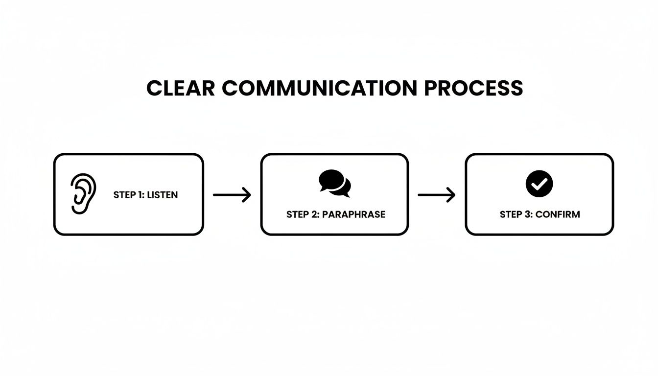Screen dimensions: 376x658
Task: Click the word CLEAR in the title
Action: [x=180, y=88]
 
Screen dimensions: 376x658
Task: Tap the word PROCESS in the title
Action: [x=473, y=88]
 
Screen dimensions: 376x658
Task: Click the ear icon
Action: [x=82, y=194]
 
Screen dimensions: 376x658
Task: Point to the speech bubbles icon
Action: [x=335, y=183]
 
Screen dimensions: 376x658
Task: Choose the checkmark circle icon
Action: [x=539, y=184]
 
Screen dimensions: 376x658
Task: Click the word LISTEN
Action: [x=163, y=195]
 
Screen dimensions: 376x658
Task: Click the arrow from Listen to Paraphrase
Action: [x=232, y=195]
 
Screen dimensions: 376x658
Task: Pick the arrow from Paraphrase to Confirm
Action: [x=436, y=195]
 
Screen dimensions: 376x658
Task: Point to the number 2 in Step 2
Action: [x=314, y=214]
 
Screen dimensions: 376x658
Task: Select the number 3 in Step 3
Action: [x=527, y=214]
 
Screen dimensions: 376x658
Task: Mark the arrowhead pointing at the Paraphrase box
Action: [x=248, y=195]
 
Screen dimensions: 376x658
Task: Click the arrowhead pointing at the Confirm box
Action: [x=452, y=195]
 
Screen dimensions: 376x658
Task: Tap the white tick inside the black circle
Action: [x=540, y=184]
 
